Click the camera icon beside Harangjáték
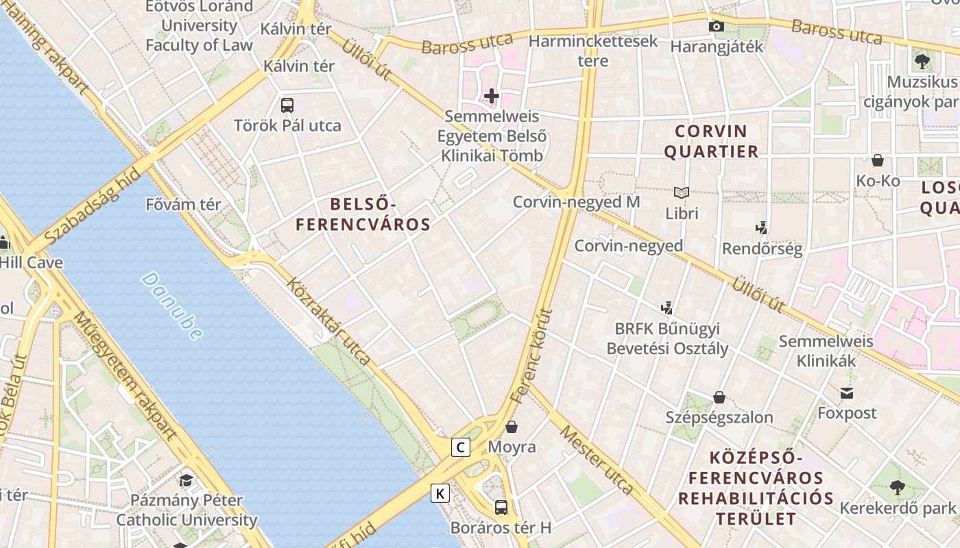pyautogui.click(x=716, y=27)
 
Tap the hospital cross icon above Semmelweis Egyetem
pyautogui.click(x=492, y=96)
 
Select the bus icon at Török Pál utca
pyautogui.click(x=287, y=105)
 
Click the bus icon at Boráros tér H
pyautogui.click(x=501, y=508)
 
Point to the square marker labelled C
pyautogui.click(x=461, y=448)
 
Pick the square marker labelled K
pyautogui.click(x=440, y=493)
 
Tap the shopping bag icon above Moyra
pyautogui.click(x=512, y=427)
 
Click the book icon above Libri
pyautogui.click(x=681, y=193)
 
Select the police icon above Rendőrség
pyautogui.click(x=761, y=228)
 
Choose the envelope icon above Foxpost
pyautogui.click(x=847, y=393)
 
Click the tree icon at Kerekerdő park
pyautogui.click(x=897, y=488)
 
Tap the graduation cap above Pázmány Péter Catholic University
pyautogui.click(x=187, y=480)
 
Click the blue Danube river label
pyautogui.click(x=172, y=306)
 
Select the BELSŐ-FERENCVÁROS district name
pyautogui.click(x=363, y=214)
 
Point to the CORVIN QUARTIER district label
pyautogui.click(x=711, y=141)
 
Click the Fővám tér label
pyautogui.click(x=184, y=204)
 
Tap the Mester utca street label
pyautogui.click(x=596, y=460)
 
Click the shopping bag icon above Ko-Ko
pyautogui.click(x=877, y=161)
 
